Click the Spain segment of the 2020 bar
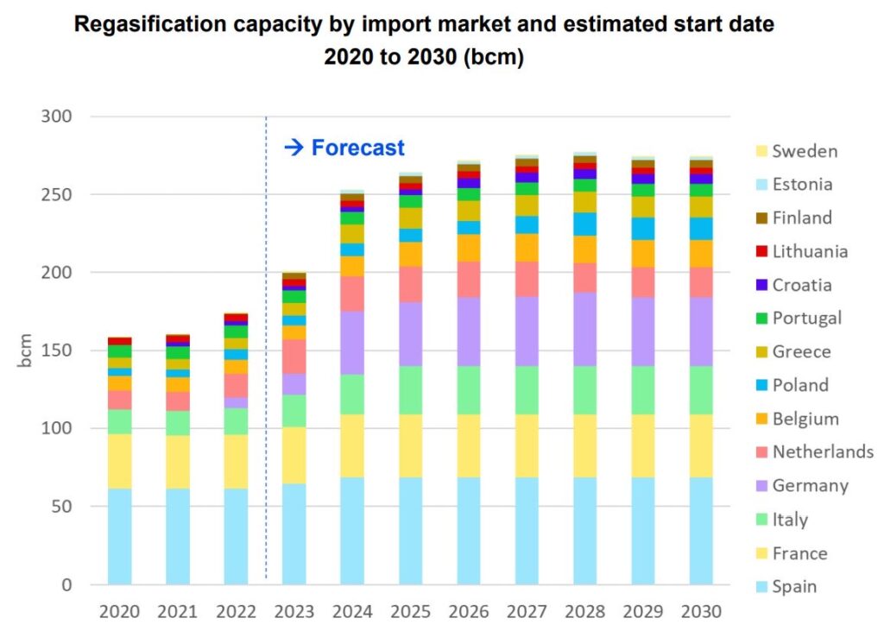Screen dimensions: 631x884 (x=119, y=536)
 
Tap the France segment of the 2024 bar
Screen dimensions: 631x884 (x=351, y=445)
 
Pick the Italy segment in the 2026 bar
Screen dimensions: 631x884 (x=469, y=390)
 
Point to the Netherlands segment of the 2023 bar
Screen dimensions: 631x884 (x=294, y=356)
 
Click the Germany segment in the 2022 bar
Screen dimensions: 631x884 (x=236, y=402)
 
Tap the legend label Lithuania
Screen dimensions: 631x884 (x=810, y=251)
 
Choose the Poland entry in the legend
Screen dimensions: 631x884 (x=800, y=385)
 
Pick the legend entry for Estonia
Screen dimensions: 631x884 (x=803, y=184)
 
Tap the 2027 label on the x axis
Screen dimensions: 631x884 (x=527, y=612)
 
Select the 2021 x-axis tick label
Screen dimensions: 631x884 (x=177, y=612)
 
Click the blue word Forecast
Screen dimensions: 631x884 (x=357, y=148)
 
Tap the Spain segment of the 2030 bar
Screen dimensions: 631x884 (x=701, y=531)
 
